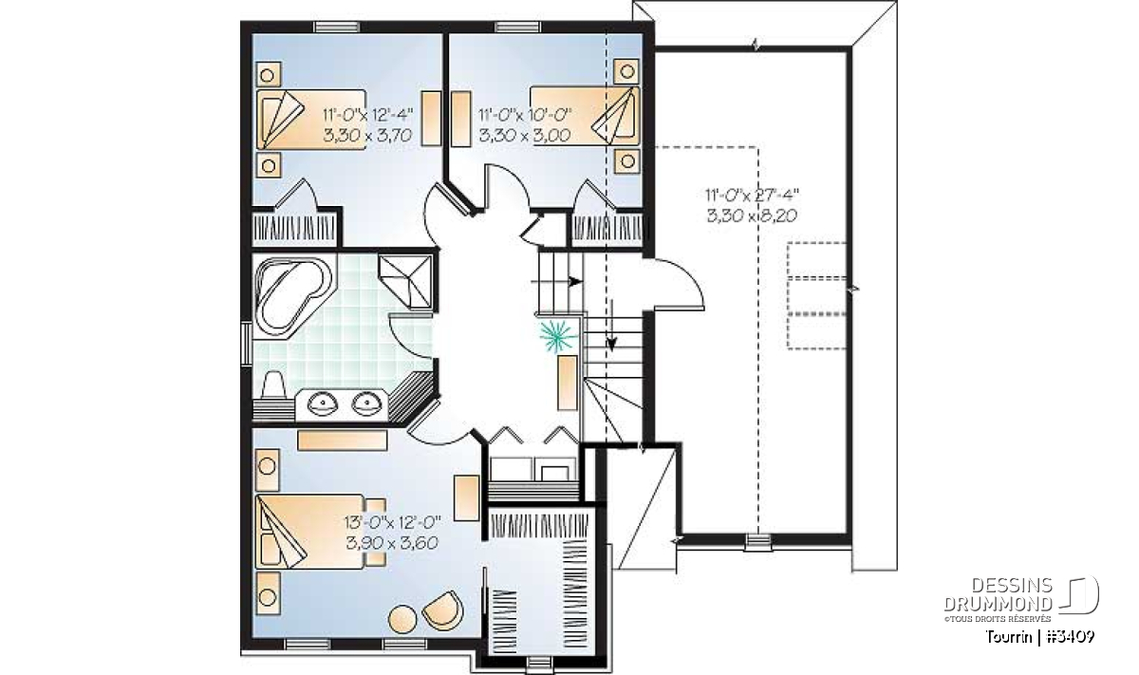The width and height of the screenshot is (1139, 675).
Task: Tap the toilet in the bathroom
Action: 273,385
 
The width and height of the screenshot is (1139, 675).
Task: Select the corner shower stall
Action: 406,281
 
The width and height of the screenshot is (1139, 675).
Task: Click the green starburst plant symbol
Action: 558,336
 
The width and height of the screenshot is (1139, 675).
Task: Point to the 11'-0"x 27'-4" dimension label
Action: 752,195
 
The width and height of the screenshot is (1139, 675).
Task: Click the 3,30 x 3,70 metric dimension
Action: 367,135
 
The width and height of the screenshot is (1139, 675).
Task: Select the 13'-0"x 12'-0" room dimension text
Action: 393,522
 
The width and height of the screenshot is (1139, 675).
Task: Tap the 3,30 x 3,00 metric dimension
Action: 524,136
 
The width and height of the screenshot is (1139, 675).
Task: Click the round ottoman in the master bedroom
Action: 402,620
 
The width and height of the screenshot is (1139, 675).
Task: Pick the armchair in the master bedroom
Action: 443,609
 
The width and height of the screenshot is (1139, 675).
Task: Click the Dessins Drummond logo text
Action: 999,594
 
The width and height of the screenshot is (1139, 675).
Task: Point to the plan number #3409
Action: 1071,637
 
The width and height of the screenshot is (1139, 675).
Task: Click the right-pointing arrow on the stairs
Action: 557,281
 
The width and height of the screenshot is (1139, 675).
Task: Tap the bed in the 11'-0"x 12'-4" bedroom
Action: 311,120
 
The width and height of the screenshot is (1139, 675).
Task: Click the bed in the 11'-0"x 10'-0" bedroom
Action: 585,116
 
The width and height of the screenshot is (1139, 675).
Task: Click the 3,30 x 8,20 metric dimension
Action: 752,216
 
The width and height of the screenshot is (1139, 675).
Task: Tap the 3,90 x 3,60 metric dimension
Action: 392,543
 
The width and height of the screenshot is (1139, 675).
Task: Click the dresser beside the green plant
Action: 568,383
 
